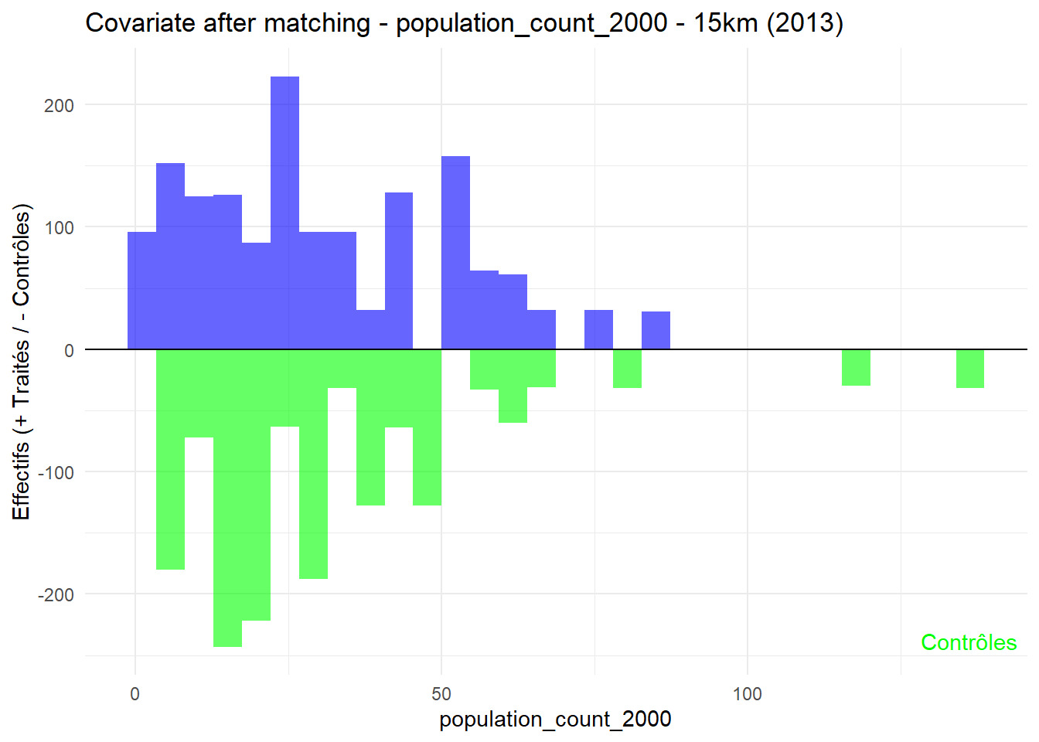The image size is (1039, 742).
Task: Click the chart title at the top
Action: tap(464, 23)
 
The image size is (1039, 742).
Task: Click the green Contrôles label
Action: tap(968, 642)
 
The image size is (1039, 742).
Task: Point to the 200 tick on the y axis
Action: tap(59, 106)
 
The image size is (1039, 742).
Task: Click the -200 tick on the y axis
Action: tap(56, 595)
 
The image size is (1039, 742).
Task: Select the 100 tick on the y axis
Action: tap(59, 228)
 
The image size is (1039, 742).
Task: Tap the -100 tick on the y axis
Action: tap(56, 473)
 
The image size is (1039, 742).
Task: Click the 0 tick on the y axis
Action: tap(69, 350)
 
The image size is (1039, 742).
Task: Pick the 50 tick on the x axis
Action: tap(441, 693)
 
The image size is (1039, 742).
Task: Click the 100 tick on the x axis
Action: tap(747, 693)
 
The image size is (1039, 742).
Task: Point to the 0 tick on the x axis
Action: tap(135, 693)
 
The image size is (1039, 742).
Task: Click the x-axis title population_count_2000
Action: tap(555, 720)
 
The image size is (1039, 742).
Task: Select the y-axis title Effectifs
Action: tap(22, 362)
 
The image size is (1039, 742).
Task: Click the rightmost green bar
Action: tap(969, 369)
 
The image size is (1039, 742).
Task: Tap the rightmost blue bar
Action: tap(656, 331)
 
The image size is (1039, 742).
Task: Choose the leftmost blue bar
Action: tap(141, 291)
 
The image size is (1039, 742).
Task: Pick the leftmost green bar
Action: tap(170, 459)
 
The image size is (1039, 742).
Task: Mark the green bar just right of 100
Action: tap(856, 368)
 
